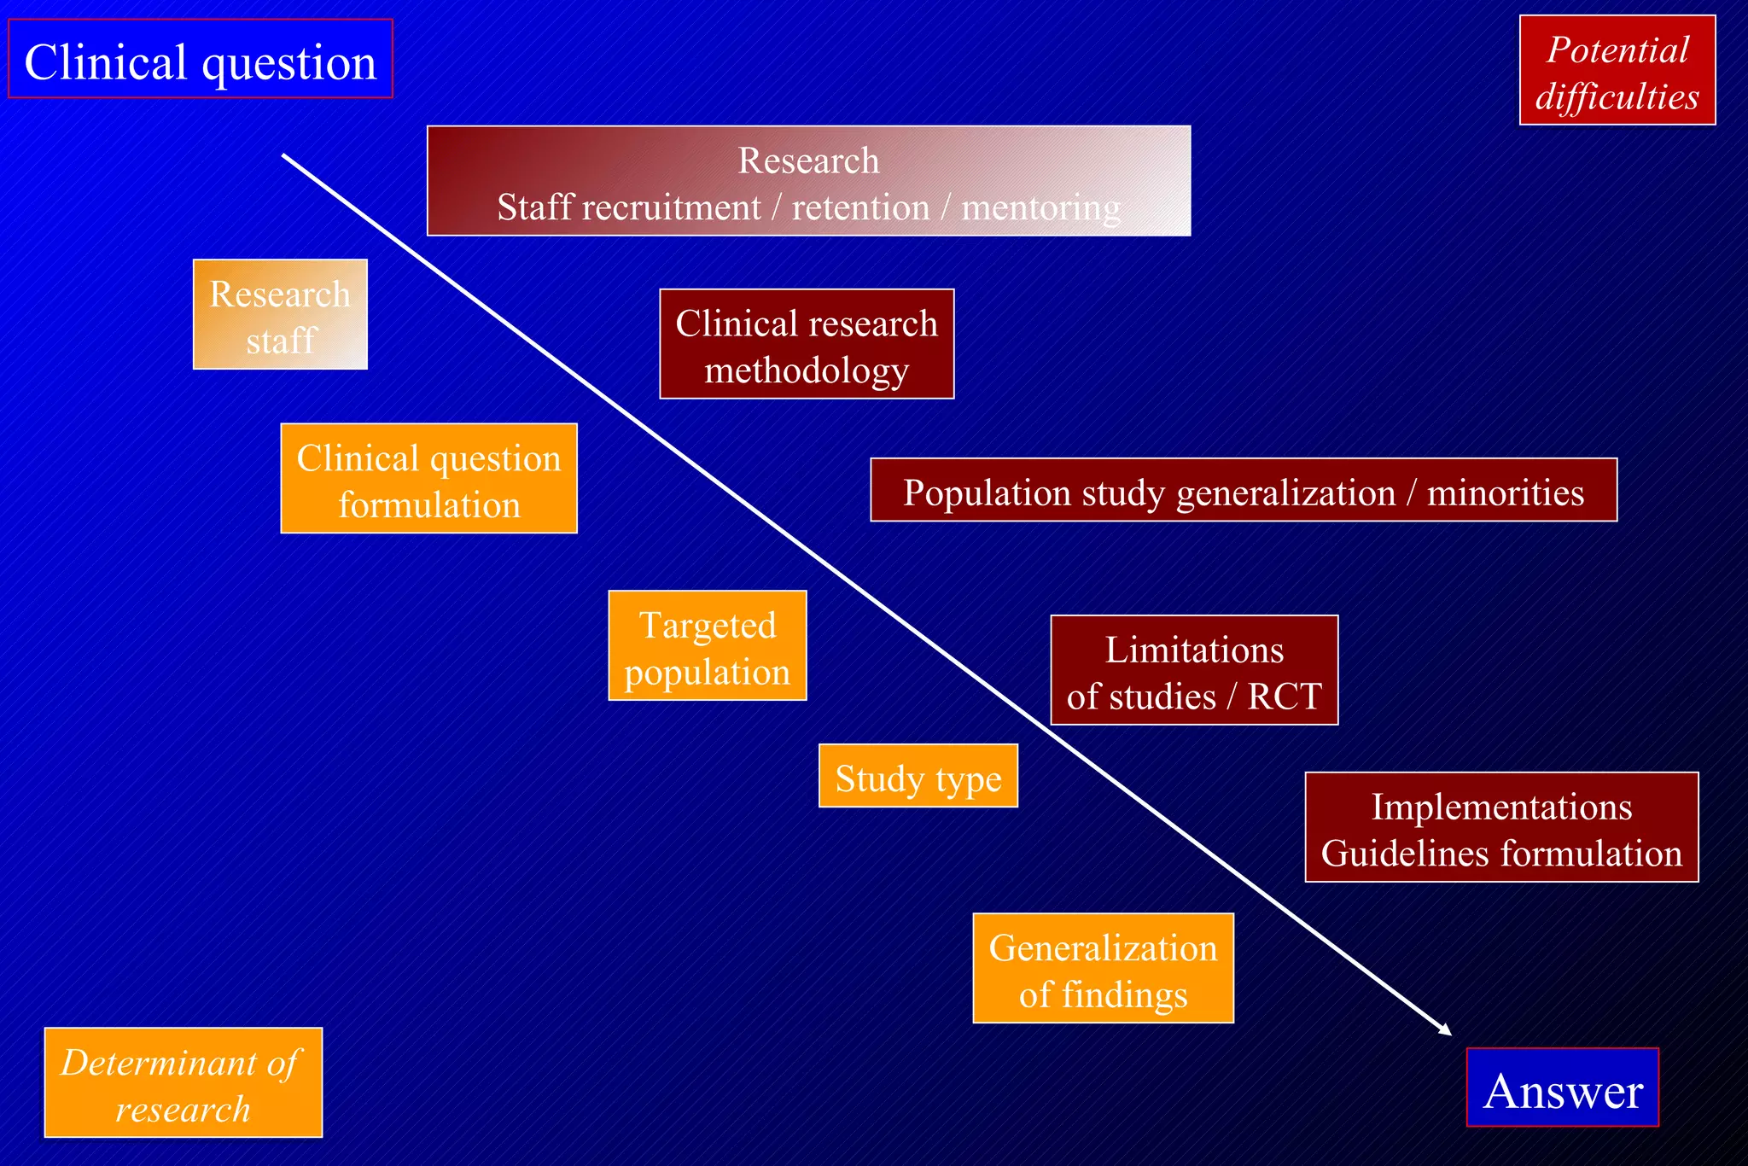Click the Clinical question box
pyautogui.click(x=200, y=59)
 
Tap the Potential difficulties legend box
pyautogui.click(x=1617, y=71)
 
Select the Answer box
pyautogui.click(x=1562, y=1087)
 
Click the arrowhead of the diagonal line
pyautogui.click(x=1444, y=1029)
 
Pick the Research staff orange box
pyautogui.click(x=280, y=314)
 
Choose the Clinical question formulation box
pyautogui.click(x=428, y=478)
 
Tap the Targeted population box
pyautogui.click(x=707, y=645)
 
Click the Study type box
pyautogui.click(x=918, y=775)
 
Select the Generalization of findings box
pyautogui.click(x=1103, y=968)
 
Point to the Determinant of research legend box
pyautogui.click(x=183, y=1082)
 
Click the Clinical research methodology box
pyautogui.click(x=806, y=344)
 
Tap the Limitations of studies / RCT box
pyautogui.click(x=1193, y=670)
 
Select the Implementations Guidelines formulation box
pyautogui.click(x=1500, y=827)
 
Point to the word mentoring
pyautogui.click(x=1040, y=207)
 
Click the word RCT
pyautogui.click(x=1284, y=696)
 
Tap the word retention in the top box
pyautogui.click(x=860, y=207)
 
